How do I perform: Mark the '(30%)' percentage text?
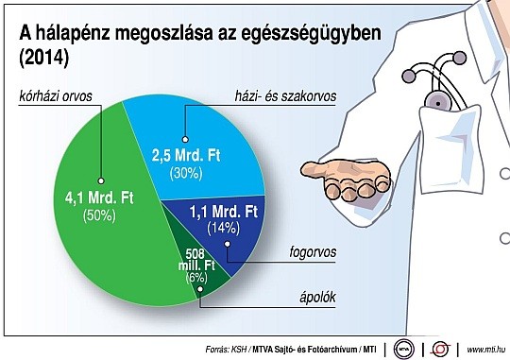tap(186, 173)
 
